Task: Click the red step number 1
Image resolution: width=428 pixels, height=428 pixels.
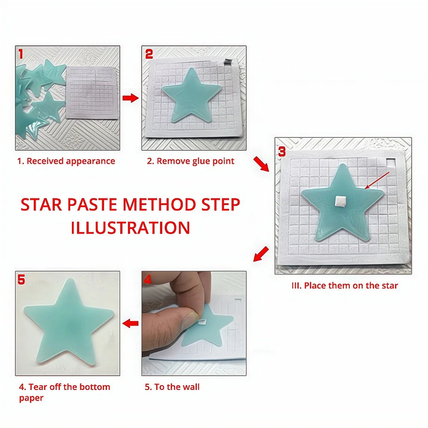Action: click(21, 53)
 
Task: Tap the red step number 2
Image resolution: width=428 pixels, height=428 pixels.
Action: click(149, 54)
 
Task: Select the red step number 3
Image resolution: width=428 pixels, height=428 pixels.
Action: click(282, 151)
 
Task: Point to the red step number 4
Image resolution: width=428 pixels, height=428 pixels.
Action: click(148, 279)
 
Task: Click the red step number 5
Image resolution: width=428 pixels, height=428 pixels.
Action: click(21, 280)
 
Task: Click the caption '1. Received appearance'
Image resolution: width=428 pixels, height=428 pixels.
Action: click(66, 161)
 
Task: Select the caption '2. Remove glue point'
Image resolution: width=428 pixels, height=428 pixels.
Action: click(191, 161)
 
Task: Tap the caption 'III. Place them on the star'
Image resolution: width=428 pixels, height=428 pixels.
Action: click(345, 285)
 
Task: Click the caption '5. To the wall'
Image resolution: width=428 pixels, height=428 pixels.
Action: click(172, 387)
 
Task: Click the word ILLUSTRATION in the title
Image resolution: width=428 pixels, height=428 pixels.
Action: click(131, 227)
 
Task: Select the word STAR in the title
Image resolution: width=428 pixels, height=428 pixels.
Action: click(41, 205)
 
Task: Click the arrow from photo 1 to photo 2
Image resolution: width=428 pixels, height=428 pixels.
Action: click(130, 98)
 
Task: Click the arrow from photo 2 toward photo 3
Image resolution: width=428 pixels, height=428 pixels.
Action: click(261, 164)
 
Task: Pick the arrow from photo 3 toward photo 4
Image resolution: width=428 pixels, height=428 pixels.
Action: click(261, 254)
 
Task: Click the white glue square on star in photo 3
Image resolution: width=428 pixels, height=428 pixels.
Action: click(341, 201)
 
